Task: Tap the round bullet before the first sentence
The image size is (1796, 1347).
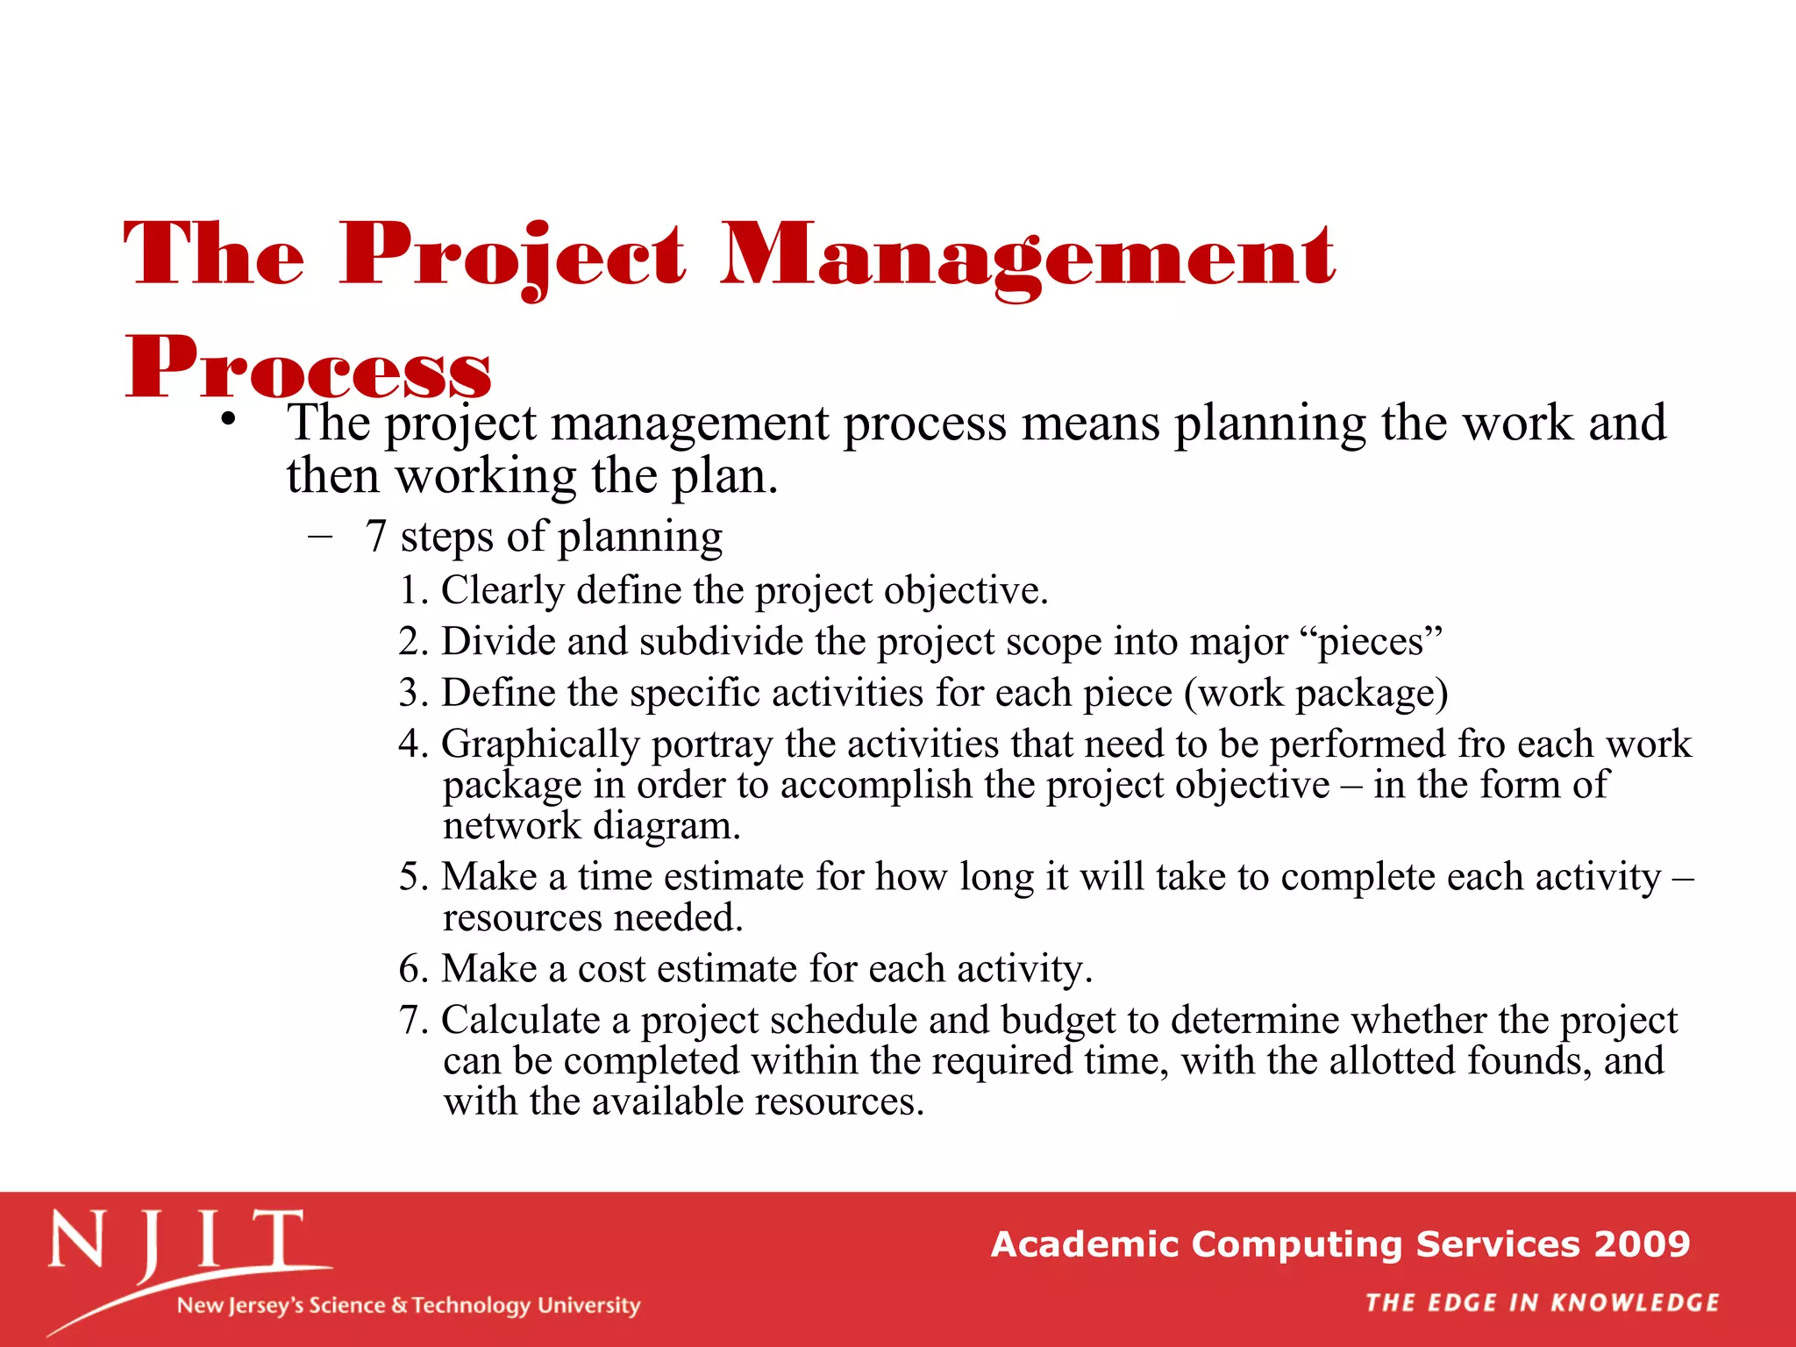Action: pyautogui.click(x=229, y=420)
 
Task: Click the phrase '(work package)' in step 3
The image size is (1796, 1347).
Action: pyautogui.click(x=1315, y=693)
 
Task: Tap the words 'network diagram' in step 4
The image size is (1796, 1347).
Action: pyautogui.click(x=592, y=826)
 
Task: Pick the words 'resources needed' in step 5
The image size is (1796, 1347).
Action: pyautogui.click(x=592, y=918)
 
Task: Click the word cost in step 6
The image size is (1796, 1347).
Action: pyautogui.click(x=610, y=969)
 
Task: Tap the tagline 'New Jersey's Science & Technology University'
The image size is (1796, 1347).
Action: pyautogui.click(x=409, y=1305)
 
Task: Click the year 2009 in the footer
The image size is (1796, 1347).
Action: pyautogui.click(x=1642, y=1244)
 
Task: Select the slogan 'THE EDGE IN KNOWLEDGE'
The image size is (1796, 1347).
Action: pyautogui.click(x=1542, y=1302)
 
